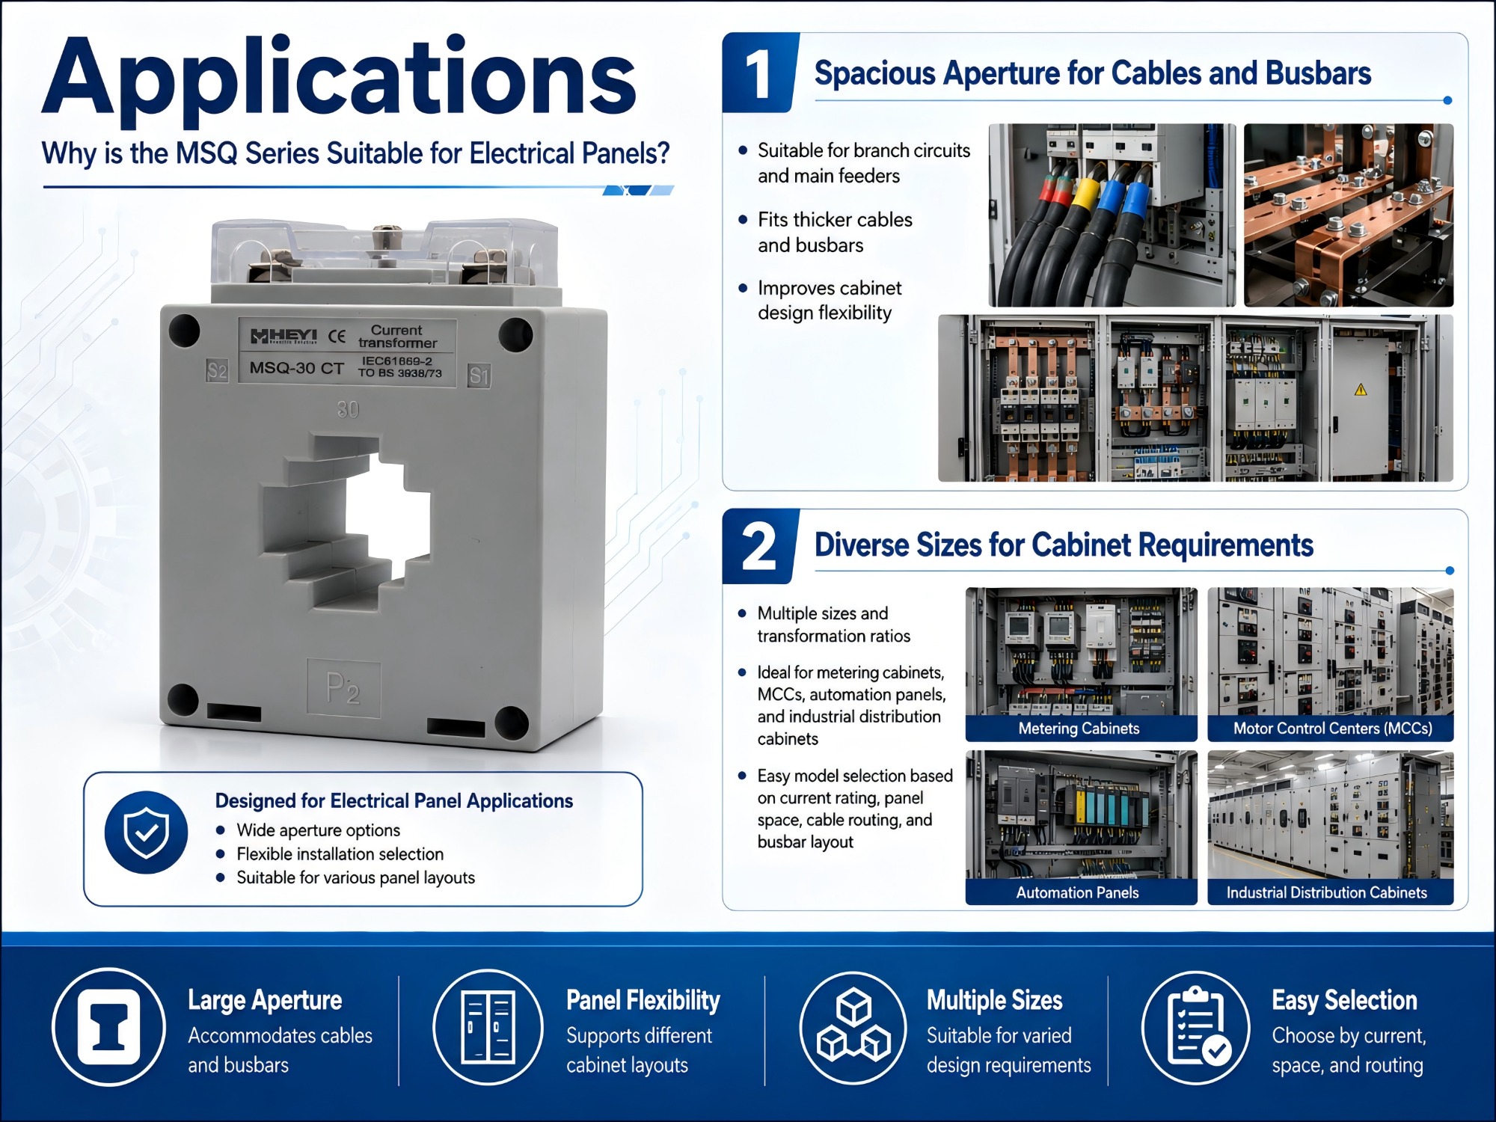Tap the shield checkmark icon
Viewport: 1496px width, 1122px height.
pos(146,832)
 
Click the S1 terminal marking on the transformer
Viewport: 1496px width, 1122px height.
pos(479,375)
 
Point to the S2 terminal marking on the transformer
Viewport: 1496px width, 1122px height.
pos(217,370)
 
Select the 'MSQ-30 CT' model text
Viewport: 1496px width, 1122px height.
pos(297,368)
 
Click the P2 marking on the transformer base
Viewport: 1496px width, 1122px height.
pos(343,688)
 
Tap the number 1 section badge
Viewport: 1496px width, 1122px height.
pos(759,73)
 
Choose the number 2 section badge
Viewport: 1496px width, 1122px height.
pos(759,547)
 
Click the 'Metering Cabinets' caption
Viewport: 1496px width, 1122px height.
pos(1079,729)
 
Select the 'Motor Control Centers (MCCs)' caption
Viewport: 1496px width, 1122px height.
pos(1332,729)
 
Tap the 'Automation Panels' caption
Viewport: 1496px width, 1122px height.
pos(1077,892)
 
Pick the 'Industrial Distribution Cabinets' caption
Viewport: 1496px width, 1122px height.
pos(1326,892)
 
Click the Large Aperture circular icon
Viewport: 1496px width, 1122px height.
pos(108,1027)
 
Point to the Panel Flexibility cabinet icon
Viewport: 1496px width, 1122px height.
pos(488,1027)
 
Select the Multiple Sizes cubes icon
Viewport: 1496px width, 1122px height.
pos(853,1027)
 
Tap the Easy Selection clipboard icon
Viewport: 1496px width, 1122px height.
pos(1195,1027)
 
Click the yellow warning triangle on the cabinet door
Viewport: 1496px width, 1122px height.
pos(1361,389)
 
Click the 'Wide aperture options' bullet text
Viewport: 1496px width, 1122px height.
pos(318,830)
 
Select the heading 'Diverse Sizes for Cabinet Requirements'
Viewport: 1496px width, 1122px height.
pos(1064,545)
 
